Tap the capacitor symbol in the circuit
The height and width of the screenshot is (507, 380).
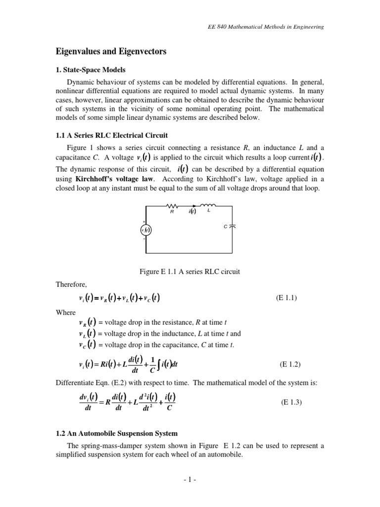point(233,226)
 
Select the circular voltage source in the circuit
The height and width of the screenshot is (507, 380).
point(145,229)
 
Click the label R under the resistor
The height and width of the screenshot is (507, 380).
point(172,210)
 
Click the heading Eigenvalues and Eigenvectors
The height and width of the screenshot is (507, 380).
point(110,51)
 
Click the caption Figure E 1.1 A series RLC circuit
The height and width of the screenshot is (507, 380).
point(190,271)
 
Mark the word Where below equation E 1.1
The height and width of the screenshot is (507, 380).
point(66,312)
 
